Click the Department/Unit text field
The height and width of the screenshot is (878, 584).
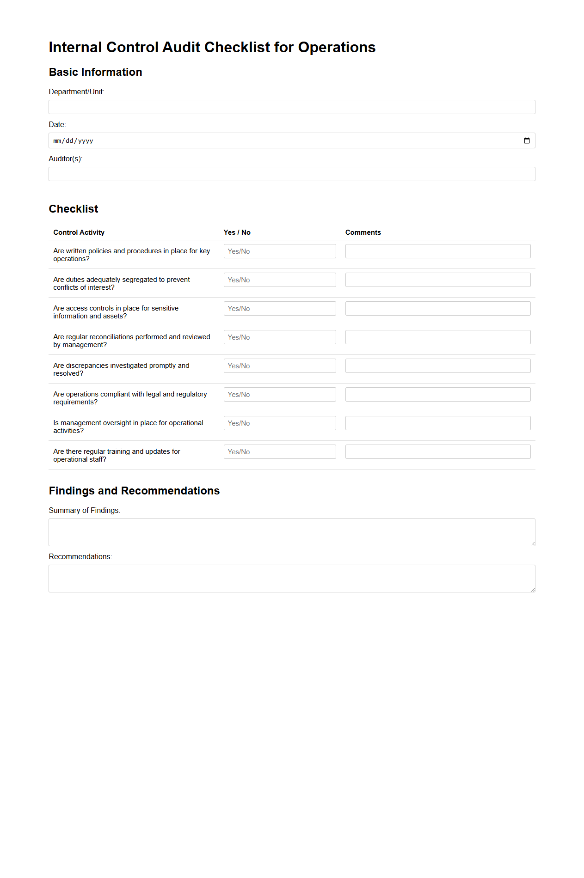coord(292,107)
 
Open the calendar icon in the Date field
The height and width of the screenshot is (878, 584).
coord(527,141)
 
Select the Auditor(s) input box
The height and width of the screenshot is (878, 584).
coord(292,174)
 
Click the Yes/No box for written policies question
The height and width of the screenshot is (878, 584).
coord(280,251)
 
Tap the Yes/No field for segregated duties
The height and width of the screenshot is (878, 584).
coord(280,280)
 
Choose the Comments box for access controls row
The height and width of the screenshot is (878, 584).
coord(437,309)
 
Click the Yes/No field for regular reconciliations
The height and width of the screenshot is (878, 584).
coord(280,337)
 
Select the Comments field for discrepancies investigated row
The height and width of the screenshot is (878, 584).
coord(437,366)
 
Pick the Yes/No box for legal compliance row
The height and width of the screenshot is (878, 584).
coord(280,395)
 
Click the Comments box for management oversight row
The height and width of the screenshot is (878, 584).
coord(437,423)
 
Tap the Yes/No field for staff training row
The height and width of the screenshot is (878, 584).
coord(280,452)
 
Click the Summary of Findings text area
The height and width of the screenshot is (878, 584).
coord(292,532)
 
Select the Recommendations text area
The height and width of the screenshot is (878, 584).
coord(292,579)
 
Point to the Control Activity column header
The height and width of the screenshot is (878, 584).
coord(79,232)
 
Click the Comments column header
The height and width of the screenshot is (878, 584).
coord(363,232)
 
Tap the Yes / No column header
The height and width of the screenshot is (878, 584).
coord(237,232)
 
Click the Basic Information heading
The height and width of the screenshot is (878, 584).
coord(95,72)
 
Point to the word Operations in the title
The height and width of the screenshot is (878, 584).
coord(337,48)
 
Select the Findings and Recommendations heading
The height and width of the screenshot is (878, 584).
coord(134,491)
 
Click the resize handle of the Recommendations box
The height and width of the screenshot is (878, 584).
coord(533,590)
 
